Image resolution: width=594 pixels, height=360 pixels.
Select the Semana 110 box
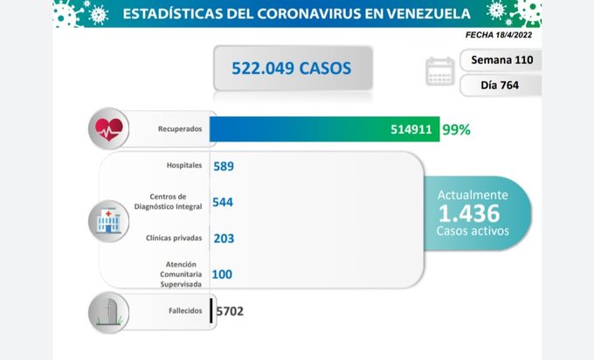tap(500, 60)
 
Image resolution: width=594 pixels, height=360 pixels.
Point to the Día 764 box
tap(500, 86)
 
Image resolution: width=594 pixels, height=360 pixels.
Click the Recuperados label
tap(181, 129)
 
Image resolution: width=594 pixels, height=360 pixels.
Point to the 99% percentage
tap(456, 129)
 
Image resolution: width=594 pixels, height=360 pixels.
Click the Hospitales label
tap(183, 165)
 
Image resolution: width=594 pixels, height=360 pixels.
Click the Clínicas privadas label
tap(176, 238)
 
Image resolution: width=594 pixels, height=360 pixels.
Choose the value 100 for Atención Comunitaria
tap(222, 274)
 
